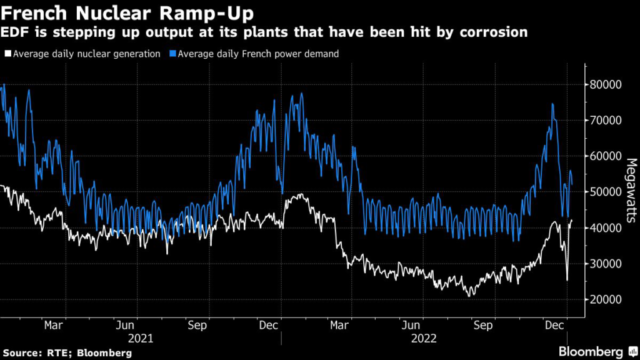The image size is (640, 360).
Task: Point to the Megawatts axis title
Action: click(x=630, y=190)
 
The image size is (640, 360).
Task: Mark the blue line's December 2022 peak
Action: click(x=552, y=104)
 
